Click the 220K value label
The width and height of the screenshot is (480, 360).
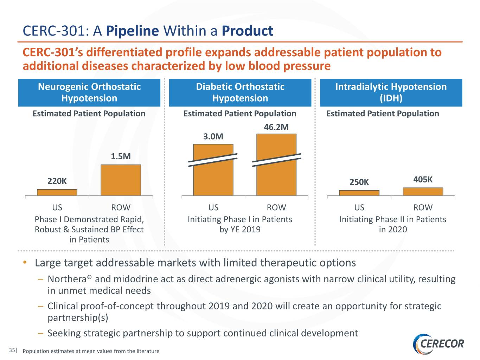point(57,181)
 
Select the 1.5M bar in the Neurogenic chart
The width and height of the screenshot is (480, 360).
point(121,180)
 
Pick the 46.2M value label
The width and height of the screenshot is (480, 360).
point(276,127)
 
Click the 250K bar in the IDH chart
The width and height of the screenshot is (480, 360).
point(359,193)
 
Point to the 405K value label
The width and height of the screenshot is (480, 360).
point(423,180)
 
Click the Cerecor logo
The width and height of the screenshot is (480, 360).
point(439,343)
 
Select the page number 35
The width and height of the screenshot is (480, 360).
point(12,350)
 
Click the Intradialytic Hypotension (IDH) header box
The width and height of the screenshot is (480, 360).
point(391,92)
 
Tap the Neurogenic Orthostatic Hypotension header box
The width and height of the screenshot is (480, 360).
point(89,92)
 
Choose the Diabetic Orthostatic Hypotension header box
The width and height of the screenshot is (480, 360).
point(240,92)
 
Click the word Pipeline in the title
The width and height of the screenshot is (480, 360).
point(132,31)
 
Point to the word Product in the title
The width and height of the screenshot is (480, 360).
point(247,31)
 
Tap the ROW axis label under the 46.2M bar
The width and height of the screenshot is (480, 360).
point(276,207)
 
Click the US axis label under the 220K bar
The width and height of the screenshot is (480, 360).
point(57,207)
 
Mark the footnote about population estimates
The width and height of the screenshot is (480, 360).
point(91,351)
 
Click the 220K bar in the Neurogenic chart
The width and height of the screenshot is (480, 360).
point(57,192)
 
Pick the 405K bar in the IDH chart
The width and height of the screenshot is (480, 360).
point(423,192)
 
